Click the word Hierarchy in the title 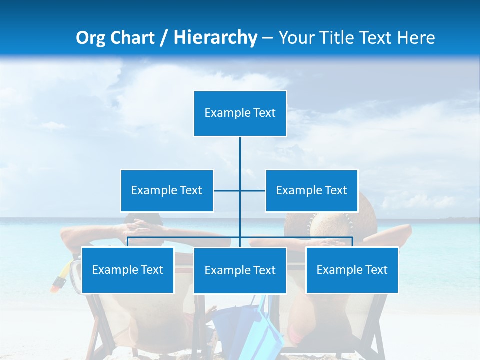215,38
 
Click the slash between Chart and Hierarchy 163,38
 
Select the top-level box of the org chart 240,113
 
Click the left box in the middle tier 167,190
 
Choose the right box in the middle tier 311,190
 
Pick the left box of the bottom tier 127,270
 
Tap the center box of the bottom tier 240,270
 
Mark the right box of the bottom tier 352,270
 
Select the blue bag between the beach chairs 250,325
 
